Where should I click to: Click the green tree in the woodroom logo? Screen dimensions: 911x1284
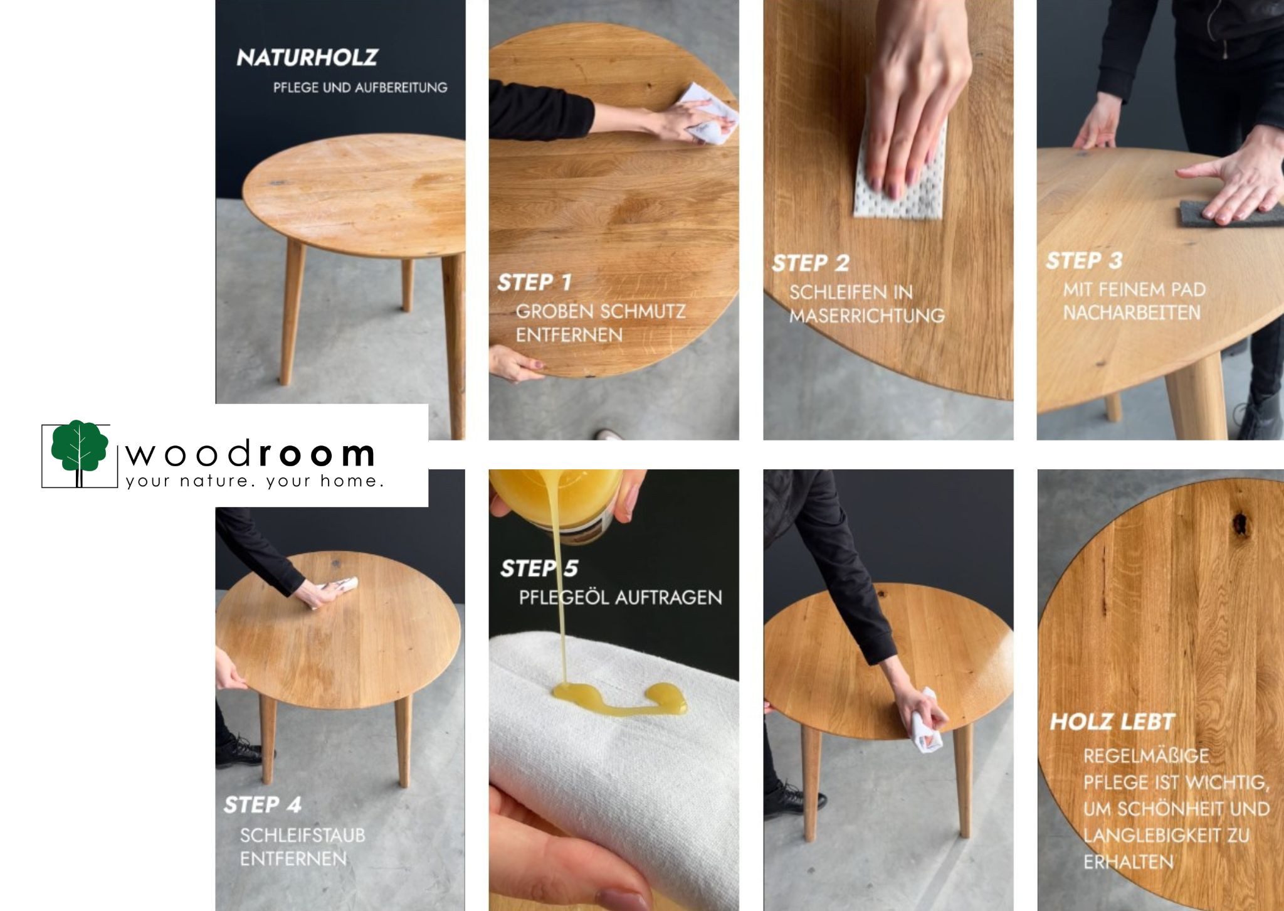click(x=80, y=447)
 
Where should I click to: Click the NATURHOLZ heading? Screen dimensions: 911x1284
click(x=307, y=58)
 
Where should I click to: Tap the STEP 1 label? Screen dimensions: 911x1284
click(x=535, y=282)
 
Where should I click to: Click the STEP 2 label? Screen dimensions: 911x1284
click(x=810, y=263)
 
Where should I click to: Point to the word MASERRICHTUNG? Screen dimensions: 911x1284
click(x=866, y=316)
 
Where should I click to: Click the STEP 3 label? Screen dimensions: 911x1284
click(x=1084, y=260)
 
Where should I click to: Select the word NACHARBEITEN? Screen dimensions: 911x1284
click(x=1132, y=312)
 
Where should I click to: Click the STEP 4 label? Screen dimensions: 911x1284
click(x=262, y=804)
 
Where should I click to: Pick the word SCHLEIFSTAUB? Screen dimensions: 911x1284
click(x=302, y=835)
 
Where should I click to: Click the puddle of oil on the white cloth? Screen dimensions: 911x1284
click(x=618, y=698)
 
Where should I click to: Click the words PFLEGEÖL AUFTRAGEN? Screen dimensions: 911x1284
click(x=620, y=597)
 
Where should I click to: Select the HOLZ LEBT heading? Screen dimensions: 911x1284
click(x=1112, y=722)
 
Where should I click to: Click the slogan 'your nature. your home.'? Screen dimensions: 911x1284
click(x=254, y=481)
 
